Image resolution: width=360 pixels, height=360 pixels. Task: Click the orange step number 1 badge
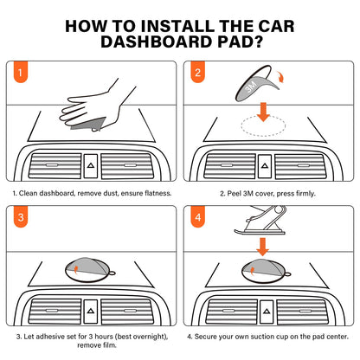[20, 72]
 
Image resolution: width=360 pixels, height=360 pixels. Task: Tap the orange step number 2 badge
[197, 72]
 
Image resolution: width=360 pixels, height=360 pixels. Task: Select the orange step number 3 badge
[21, 216]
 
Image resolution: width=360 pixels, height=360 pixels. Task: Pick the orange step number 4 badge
[198, 216]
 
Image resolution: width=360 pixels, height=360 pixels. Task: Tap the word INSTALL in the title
[177, 26]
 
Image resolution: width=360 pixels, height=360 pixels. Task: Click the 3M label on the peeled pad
[251, 87]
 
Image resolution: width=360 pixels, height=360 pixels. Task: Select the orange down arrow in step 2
[263, 112]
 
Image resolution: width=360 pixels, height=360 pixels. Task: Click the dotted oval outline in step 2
[263, 125]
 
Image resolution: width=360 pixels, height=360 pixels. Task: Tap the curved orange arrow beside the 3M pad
[280, 77]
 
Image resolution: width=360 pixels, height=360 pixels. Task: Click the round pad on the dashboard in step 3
[89, 270]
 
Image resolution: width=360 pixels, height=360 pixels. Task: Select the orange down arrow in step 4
[262, 247]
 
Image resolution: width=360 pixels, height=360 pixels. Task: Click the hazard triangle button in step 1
[91, 166]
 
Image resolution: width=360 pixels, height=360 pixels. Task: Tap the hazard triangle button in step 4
[267, 312]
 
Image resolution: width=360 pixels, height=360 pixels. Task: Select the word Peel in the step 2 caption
[234, 193]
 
